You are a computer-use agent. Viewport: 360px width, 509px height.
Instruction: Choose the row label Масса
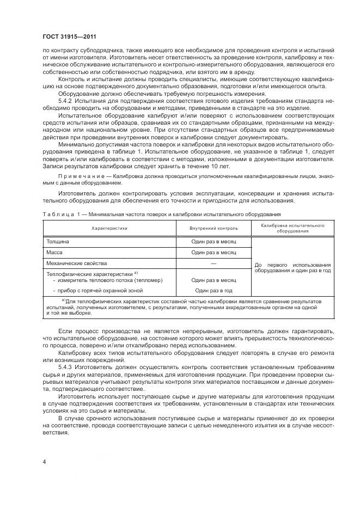coord(56,252)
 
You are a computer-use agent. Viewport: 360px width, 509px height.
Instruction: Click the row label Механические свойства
coord(77,263)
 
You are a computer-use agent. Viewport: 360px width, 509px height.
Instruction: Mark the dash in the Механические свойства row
coord(213,263)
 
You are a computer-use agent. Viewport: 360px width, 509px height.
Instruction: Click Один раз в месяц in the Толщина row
coord(213,241)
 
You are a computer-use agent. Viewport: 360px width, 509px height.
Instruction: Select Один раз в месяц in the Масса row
coord(213,252)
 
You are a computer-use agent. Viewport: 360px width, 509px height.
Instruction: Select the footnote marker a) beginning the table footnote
coord(64,301)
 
